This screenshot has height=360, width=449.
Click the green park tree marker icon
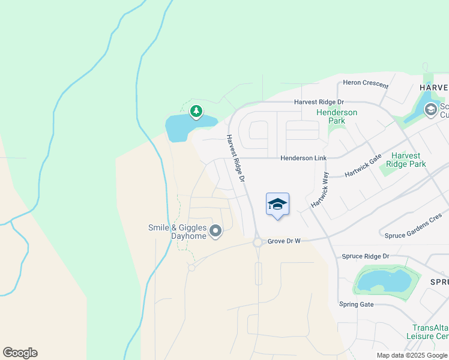[196, 111]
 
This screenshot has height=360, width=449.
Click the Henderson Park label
[337, 116]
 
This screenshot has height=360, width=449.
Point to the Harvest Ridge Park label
[406, 160]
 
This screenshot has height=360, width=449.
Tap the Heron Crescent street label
[366, 84]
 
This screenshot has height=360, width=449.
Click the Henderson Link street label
[304, 158]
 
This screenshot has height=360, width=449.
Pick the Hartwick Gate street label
[363, 166]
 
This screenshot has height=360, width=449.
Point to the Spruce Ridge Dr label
[366, 256]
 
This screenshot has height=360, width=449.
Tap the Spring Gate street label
[357, 304]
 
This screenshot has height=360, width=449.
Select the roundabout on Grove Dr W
[258, 242]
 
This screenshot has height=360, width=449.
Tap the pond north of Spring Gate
[384, 280]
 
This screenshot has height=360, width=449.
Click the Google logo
[20, 353]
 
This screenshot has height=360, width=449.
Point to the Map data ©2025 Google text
[412, 355]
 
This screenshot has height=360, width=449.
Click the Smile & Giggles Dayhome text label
[178, 232]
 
